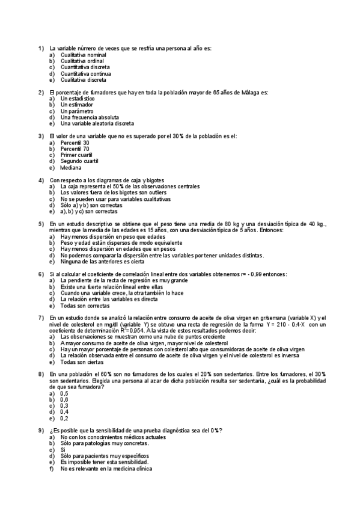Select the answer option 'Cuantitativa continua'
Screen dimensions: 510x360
(x=85, y=74)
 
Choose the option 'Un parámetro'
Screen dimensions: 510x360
(x=77, y=111)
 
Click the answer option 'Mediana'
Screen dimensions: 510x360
(x=71, y=168)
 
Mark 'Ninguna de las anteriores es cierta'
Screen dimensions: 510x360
(x=102, y=262)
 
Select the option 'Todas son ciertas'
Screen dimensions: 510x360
(x=82, y=362)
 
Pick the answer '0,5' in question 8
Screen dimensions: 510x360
(x=64, y=393)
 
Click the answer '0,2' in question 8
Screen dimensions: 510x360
(x=64, y=418)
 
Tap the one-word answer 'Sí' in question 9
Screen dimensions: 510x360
(x=63, y=450)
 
